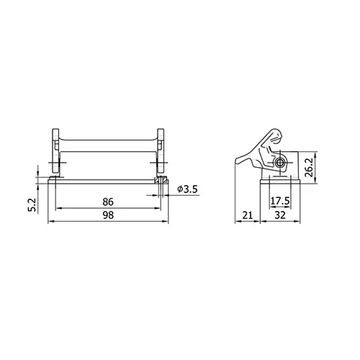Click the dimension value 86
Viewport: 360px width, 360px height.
tap(108, 202)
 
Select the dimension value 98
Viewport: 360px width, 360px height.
tap(108, 215)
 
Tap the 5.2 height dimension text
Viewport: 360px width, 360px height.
tap(32, 204)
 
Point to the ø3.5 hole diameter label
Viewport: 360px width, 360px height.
tap(187, 189)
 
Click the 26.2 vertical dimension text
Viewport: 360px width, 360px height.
tap(309, 168)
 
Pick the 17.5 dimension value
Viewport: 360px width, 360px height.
tap(280, 201)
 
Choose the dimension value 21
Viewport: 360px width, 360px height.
tap(247, 215)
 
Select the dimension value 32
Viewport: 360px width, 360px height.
tap(280, 215)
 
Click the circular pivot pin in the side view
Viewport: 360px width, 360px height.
tap(279, 163)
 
